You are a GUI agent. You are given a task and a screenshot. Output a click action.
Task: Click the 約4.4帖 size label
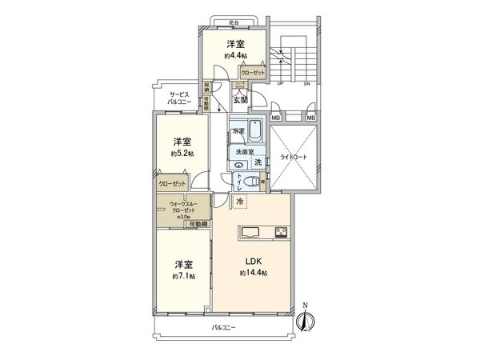[234, 56]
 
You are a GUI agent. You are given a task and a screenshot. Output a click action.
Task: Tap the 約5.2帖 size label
[182, 153]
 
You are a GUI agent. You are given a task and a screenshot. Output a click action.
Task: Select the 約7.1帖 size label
[182, 276]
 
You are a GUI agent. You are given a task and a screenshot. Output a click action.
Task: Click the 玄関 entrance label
[241, 101]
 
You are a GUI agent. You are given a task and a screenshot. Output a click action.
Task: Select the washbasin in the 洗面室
[239, 164]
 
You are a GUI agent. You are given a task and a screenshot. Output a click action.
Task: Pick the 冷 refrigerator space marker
[241, 204]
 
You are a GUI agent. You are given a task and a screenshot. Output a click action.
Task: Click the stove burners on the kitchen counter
[282, 234]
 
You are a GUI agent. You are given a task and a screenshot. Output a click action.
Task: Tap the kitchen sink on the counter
[248, 234]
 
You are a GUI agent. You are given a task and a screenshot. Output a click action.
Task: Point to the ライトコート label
[294, 158]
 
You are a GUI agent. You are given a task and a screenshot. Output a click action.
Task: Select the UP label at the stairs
[280, 83]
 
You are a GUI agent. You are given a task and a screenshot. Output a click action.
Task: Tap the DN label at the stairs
[306, 83]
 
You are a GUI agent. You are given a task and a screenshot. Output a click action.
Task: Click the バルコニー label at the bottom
[223, 328]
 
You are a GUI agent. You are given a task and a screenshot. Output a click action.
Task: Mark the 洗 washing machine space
[258, 163]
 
